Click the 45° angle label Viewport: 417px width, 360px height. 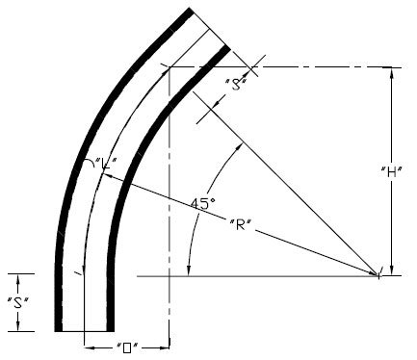coord(203,204)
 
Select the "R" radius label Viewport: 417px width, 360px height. coord(240,224)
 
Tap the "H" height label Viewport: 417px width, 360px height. coord(391,172)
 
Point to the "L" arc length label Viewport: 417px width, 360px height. coord(104,164)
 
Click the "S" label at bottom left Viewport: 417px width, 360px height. coord(18,302)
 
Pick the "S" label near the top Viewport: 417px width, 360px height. coord(237,84)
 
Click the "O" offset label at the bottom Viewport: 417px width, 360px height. coord(127,347)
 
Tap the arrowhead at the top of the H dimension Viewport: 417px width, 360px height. coord(391,72)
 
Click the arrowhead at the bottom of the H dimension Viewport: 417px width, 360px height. coord(391,270)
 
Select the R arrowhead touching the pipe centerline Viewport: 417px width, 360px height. coord(107,176)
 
